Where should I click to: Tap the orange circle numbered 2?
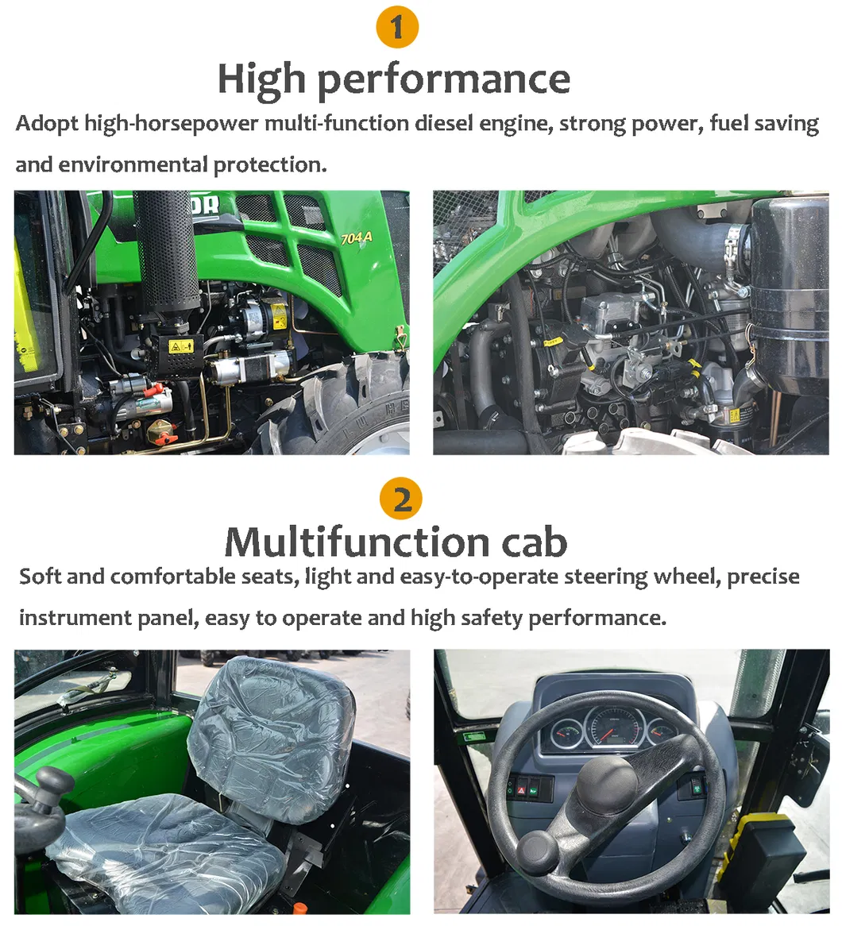point(401,500)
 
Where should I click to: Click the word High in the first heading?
point(261,79)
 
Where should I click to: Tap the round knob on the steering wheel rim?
point(537,851)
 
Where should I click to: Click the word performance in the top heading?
point(444,79)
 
